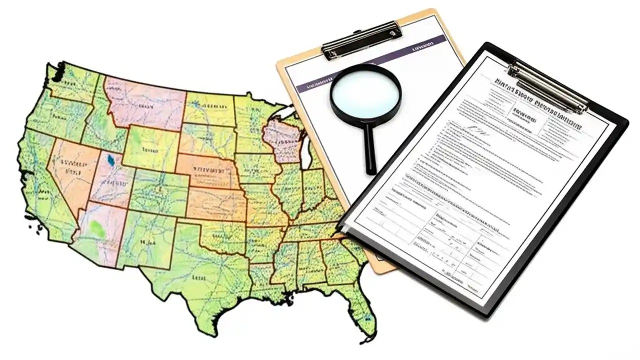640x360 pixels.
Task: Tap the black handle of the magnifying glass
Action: [x=370, y=150]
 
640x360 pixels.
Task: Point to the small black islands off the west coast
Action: [x=35, y=228]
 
